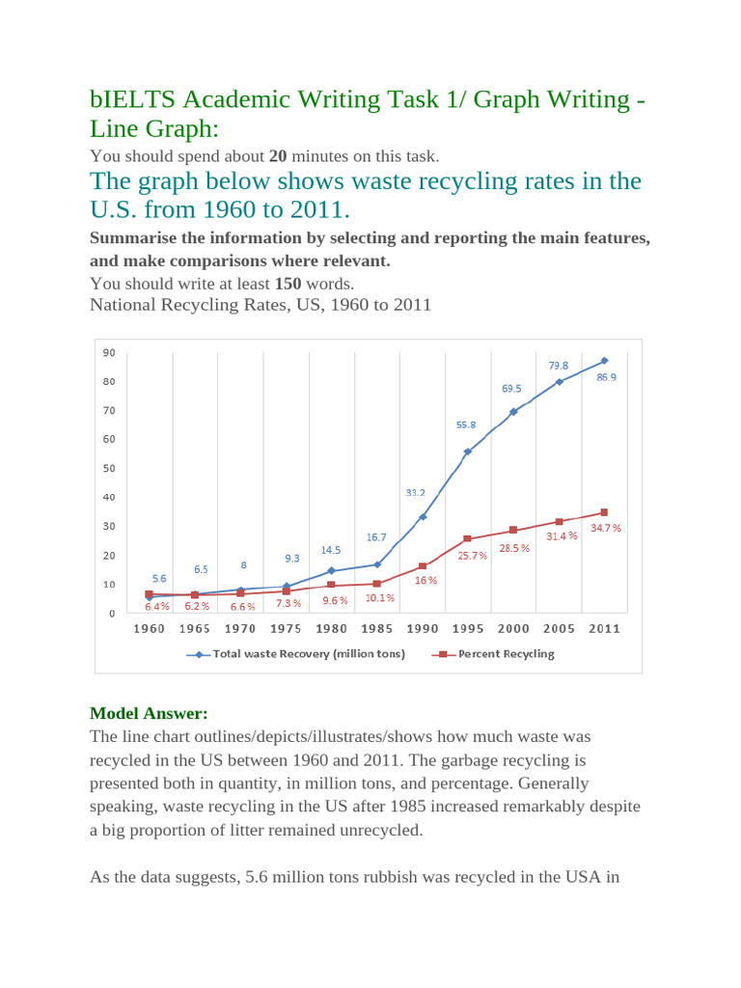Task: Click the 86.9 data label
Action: click(606, 377)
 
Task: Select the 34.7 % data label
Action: click(606, 529)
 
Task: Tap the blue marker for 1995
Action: click(468, 452)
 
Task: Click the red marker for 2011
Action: click(604, 512)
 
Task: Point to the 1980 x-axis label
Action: click(332, 628)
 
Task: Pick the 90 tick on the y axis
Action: click(109, 352)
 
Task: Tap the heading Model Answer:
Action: click(149, 713)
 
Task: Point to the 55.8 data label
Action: click(468, 425)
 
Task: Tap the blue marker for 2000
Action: click(513, 411)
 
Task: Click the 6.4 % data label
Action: click(157, 607)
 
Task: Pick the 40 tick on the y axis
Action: click(109, 497)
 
